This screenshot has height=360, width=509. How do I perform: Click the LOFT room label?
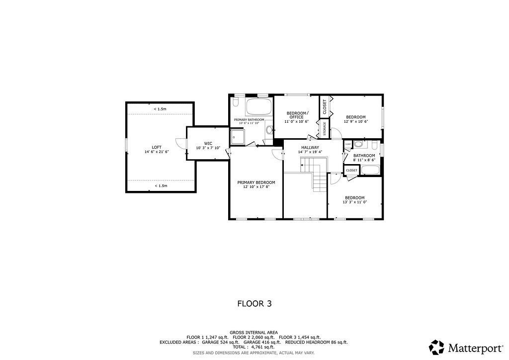click(157, 147)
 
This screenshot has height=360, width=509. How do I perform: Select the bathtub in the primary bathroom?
click(258, 106)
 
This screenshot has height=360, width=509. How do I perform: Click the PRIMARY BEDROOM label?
click(256, 182)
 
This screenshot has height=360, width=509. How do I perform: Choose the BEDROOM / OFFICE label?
click(297, 115)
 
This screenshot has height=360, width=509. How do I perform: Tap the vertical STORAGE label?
click(325, 128)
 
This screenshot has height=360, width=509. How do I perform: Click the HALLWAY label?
click(310, 147)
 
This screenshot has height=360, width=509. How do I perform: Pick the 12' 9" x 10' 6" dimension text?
click(355, 121)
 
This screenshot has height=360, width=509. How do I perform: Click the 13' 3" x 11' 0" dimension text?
click(354, 202)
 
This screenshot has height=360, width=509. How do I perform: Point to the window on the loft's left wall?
click(126, 144)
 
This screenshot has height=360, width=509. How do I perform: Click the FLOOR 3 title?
click(254, 303)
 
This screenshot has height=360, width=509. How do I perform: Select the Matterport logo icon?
click(436, 347)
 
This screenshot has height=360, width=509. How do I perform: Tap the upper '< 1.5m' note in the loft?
click(160, 109)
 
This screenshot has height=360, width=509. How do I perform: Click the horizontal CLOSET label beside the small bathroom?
click(351, 170)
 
